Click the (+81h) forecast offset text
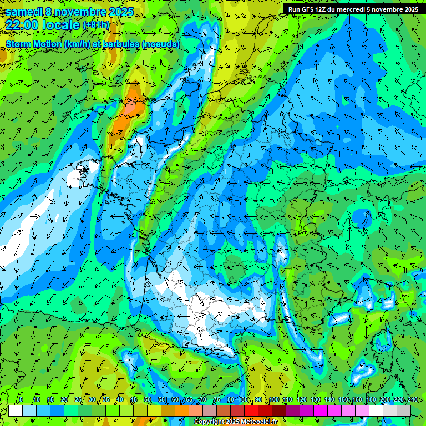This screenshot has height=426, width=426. tap(96, 25)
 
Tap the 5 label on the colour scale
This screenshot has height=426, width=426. tap(21, 400)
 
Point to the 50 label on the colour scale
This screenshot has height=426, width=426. tap(148, 400)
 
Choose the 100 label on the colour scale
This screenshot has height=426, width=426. tap(274, 400)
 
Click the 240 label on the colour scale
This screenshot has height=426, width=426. tap(413, 400)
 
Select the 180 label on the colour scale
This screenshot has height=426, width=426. tap(371, 400)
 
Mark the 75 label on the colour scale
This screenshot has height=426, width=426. tap(217, 400)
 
